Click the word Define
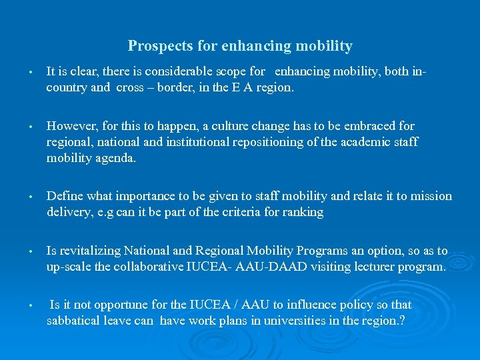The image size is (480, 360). pos(64,196)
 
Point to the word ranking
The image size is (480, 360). pos(303,212)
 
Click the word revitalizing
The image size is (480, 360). pos(89,251)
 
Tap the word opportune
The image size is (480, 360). pos(123,305)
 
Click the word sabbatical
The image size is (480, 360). pos(73,321)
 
